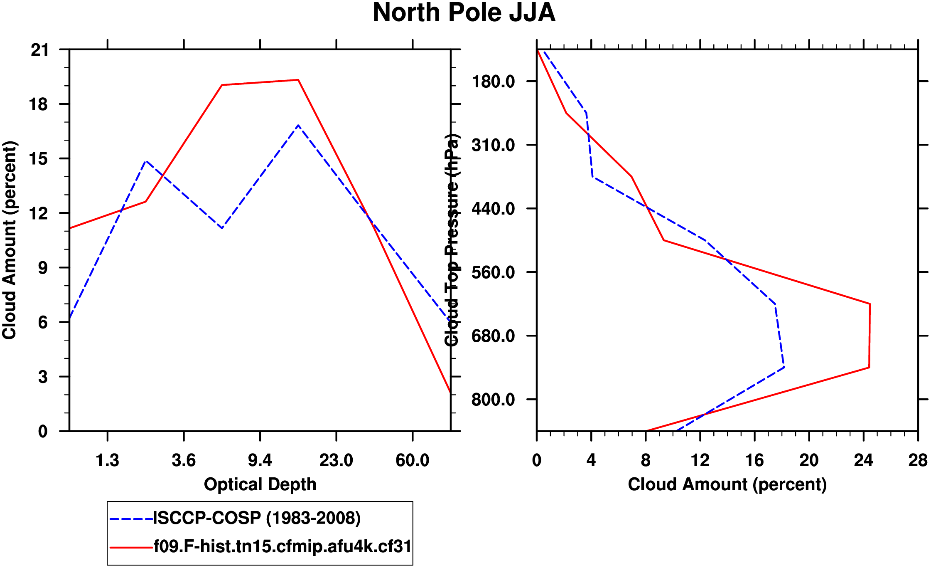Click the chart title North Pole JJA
tap(464, 12)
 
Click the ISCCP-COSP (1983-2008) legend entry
tap(257, 518)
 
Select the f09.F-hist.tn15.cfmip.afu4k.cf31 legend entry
tap(282, 546)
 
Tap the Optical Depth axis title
tap(260, 484)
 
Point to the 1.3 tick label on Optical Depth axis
tap(107, 461)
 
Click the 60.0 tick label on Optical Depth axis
tap(412, 461)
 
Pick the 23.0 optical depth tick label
tap(336, 461)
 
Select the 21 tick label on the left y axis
tap(39, 50)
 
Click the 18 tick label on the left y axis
tap(39, 104)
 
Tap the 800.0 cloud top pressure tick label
tap(493, 400)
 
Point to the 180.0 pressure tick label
tap(493, 81)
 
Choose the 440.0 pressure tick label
tap(493, 209)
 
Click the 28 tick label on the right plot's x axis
tap(918, 461)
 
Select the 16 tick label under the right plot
tap(754, 461)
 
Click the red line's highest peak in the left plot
tap(298, 80)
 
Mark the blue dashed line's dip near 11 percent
tap(222, 228)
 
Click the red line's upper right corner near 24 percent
tap(870, 304)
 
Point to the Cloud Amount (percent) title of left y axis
tap(9, 240)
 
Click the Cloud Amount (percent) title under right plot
tap(727, 484)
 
